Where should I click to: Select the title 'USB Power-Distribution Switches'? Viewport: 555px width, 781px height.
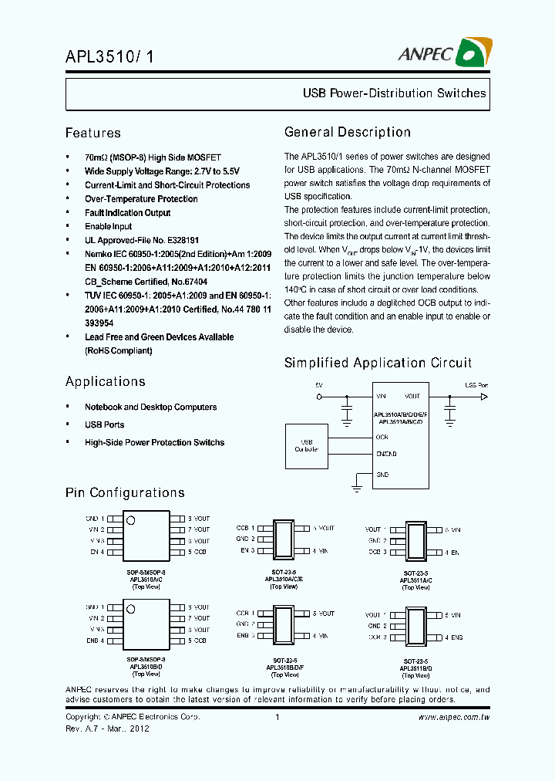coord(394,93)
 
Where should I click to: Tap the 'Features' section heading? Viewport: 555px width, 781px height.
coord(92,133)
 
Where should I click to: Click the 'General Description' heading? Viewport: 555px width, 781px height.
coord(347,132)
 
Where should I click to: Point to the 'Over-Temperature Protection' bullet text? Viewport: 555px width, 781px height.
coord(141,199)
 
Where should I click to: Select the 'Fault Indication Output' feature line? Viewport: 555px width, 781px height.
coord(127,213)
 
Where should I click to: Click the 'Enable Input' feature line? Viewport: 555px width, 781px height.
coord(108,227)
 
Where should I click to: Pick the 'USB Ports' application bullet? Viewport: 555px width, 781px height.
coord(104,425)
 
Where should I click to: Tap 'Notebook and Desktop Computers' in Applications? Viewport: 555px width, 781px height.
coord(150,407)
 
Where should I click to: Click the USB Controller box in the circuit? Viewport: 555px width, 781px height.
coord(306,446)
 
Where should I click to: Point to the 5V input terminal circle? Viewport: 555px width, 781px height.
coord(320,397)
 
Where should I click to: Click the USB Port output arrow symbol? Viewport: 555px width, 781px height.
coord(484,397)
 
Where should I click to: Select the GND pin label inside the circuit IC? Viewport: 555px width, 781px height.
coord(382,475)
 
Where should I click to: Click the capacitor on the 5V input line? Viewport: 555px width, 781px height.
coord(347,404)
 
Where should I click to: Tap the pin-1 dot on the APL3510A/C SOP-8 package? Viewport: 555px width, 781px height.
coord(131,521)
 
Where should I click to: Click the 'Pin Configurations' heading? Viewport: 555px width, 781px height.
coord(125,492)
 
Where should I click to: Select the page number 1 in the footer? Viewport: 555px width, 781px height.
coord(277,718)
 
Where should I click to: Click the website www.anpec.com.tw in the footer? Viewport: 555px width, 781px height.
coord(454,718)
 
